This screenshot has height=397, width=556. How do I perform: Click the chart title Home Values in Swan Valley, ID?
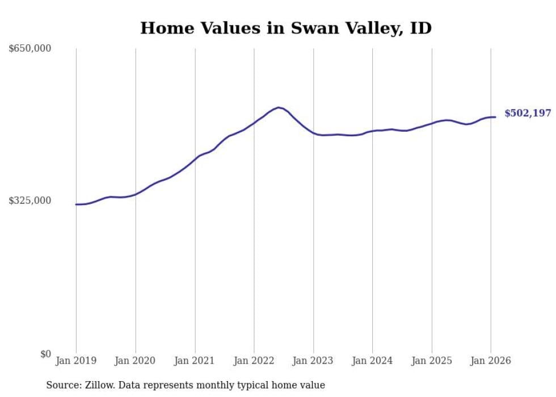(286, 28)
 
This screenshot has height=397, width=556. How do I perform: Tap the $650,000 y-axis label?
(30, 49)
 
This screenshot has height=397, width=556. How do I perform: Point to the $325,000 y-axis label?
(30, 200)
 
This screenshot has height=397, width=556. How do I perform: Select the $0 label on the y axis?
(45, 354)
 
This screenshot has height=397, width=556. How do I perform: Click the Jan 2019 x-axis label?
(76, 361)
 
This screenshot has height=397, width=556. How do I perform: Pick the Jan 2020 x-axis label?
(136, 361)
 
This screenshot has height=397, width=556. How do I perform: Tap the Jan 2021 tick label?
(195, 361)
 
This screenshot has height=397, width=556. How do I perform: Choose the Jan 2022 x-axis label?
(254, 361)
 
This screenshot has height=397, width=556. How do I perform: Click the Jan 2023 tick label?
(313, 361)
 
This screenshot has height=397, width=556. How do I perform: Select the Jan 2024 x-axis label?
(372, 361)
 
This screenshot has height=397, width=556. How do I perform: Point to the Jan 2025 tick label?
(432, 361)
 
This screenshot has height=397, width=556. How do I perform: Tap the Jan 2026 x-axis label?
(491, 361)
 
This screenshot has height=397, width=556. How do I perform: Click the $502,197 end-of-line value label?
(528, 114)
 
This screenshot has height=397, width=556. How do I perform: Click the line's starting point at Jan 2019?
(76, 204)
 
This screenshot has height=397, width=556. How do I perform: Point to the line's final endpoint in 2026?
(495, 117)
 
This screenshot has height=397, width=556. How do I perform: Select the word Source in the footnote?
(62, 385)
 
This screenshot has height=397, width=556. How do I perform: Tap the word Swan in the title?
(310, 28)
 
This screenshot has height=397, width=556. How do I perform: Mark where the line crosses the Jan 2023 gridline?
(313, 133)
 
